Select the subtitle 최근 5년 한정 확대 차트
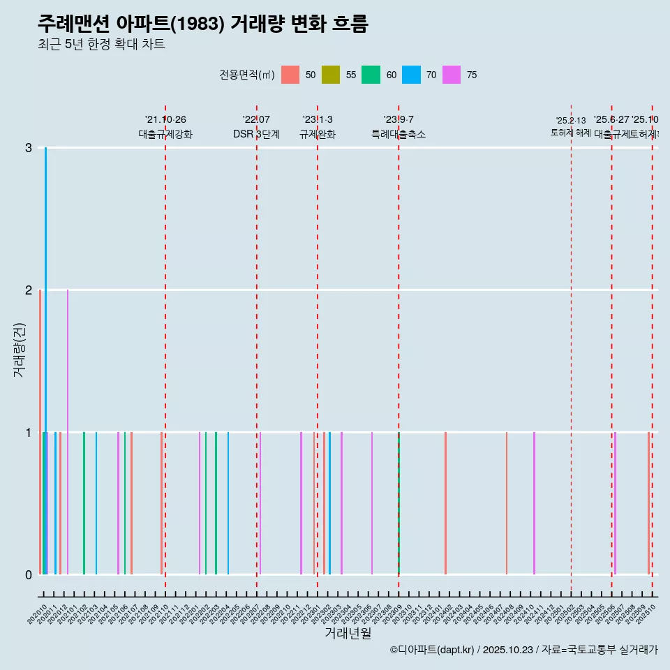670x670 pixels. [x=101, y=45]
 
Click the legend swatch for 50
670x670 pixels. [x=290, y=75]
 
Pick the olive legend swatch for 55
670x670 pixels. [x=330, y=75]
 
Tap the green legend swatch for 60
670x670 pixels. [x=371, y=75]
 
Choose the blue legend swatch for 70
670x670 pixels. [x=412, y=75]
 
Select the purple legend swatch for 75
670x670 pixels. [x=452, y=75]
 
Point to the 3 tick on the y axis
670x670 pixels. [x=29, y=148]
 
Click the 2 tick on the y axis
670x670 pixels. [x=29, y=290]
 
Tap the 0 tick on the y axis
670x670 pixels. [x=29, y=575]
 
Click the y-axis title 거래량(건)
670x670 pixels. [x=19, y=350]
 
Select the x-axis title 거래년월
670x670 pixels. [x=348, y=633]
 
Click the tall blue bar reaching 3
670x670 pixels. [x=46, y=349]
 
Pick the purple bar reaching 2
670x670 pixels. [x=68, y=419]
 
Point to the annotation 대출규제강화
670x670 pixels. [x=165, y=134]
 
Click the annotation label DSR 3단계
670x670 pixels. [x=256, y=134]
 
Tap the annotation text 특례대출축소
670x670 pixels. [x=398, y=134]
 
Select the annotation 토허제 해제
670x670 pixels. [x=571, y=132]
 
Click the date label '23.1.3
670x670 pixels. [x=318, y=119]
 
